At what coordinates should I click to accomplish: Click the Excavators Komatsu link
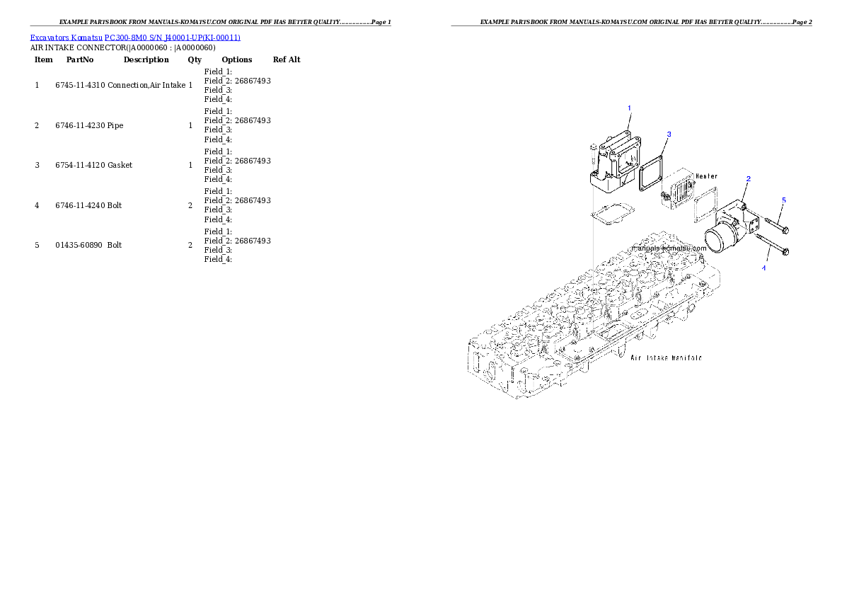click(66, 38)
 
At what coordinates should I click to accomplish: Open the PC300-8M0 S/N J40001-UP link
click(173, 38)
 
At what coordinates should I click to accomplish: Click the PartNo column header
click(80, 59)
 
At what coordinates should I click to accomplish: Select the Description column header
click(146, 59)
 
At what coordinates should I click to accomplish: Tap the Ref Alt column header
click(287, 59)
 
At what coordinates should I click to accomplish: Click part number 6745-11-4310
click(80, 86)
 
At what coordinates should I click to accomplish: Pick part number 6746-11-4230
click(80, 126)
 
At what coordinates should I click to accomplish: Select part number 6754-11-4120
click(80, 166)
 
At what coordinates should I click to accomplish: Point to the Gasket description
click(120, 166)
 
